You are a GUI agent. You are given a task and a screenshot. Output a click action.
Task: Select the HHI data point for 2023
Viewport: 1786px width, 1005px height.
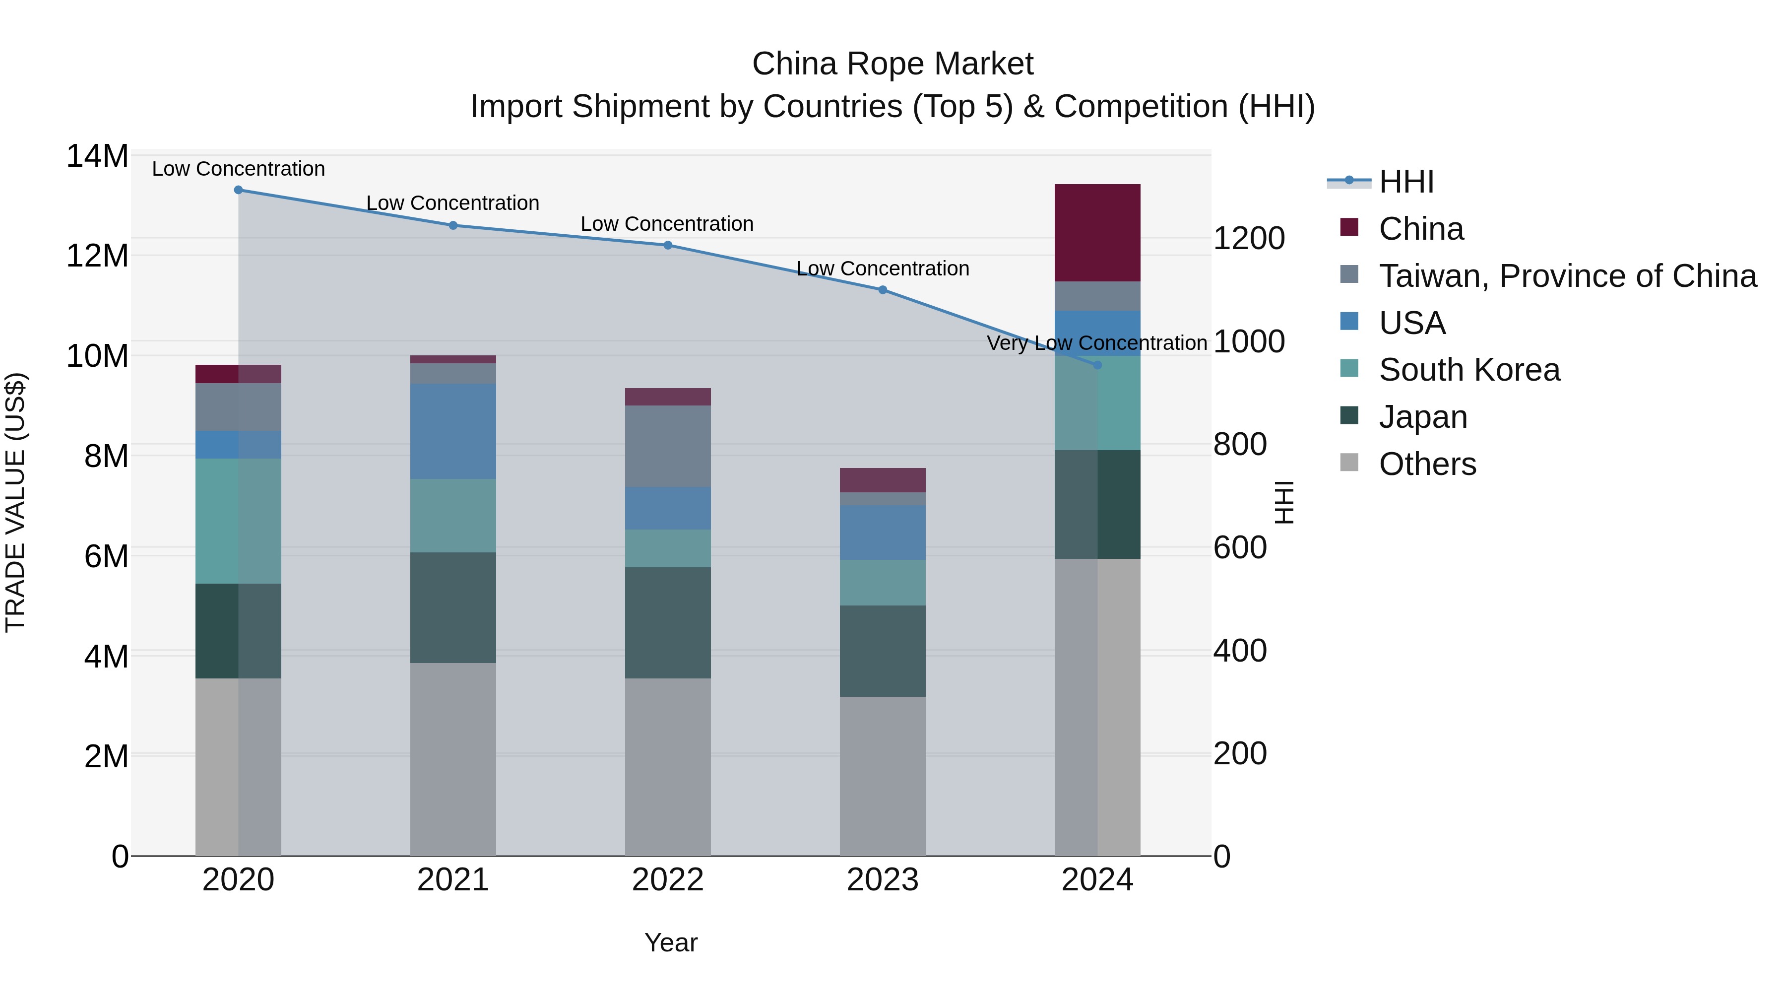(x=882, y=290)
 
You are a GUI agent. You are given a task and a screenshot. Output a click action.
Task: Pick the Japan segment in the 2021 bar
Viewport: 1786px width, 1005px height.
(x=453, y=607)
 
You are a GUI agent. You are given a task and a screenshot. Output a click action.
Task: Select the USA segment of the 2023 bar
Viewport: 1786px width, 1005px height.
(x=882, y=532)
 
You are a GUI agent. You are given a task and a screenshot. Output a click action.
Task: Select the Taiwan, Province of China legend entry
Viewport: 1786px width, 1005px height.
(x=1567, y=276)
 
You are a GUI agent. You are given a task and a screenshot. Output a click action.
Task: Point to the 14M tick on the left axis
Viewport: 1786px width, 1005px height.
(x=97, y=156)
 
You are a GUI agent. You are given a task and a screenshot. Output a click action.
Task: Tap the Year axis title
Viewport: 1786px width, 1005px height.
(x=670, y=942)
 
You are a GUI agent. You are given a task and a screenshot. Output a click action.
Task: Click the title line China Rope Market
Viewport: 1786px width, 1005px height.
(x=893, y=64)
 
